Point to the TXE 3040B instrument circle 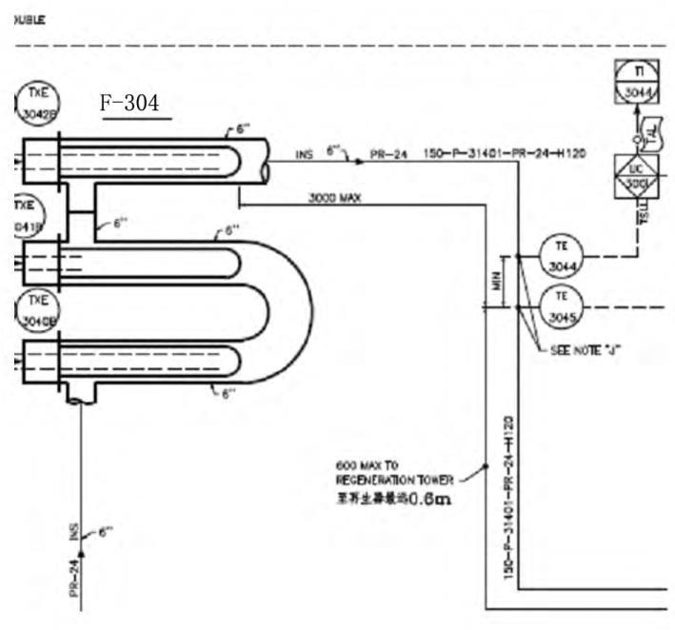(x=37, y=310)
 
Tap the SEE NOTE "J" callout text (x=586, y=349)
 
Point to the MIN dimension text (x=496, y=281)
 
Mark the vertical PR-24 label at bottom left (x=72, y=577)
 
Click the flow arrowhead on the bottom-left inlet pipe (x=81, y=553)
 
